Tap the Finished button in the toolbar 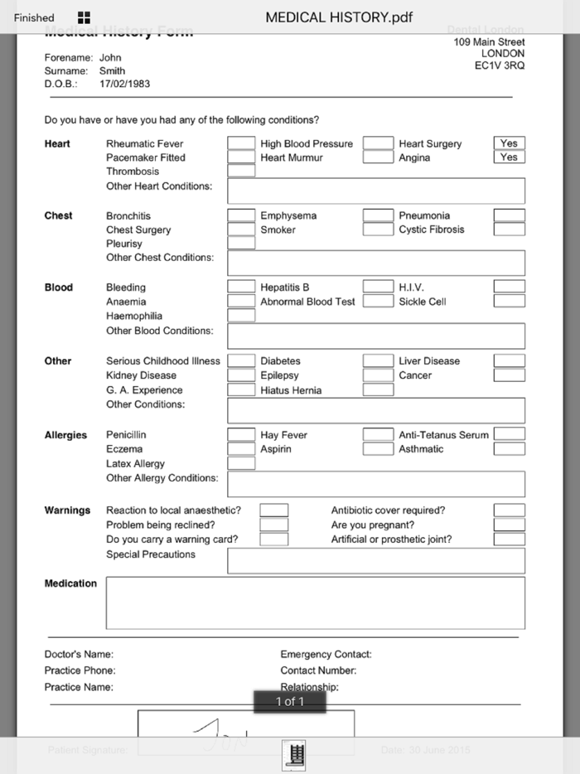click(34, 17)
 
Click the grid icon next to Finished click(84, 17)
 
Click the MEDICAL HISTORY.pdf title click(339, 17)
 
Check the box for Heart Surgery click(509, 143)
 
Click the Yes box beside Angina click(509, 157)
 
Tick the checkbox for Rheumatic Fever click(241, 143)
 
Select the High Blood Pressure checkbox click(378, 143)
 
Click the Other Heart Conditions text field click(375, 191)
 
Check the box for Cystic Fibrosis click(509, 230)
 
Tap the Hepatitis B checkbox click(378, 287)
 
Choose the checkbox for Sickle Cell click(509, 302)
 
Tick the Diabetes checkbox click(378, 360)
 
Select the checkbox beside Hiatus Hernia click(378, 389)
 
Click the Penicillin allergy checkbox click(241, 434)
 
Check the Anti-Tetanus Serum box click(509, 434)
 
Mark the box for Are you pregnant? click(509, 525)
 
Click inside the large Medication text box click(315, 602)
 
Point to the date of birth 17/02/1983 click(124, 85)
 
